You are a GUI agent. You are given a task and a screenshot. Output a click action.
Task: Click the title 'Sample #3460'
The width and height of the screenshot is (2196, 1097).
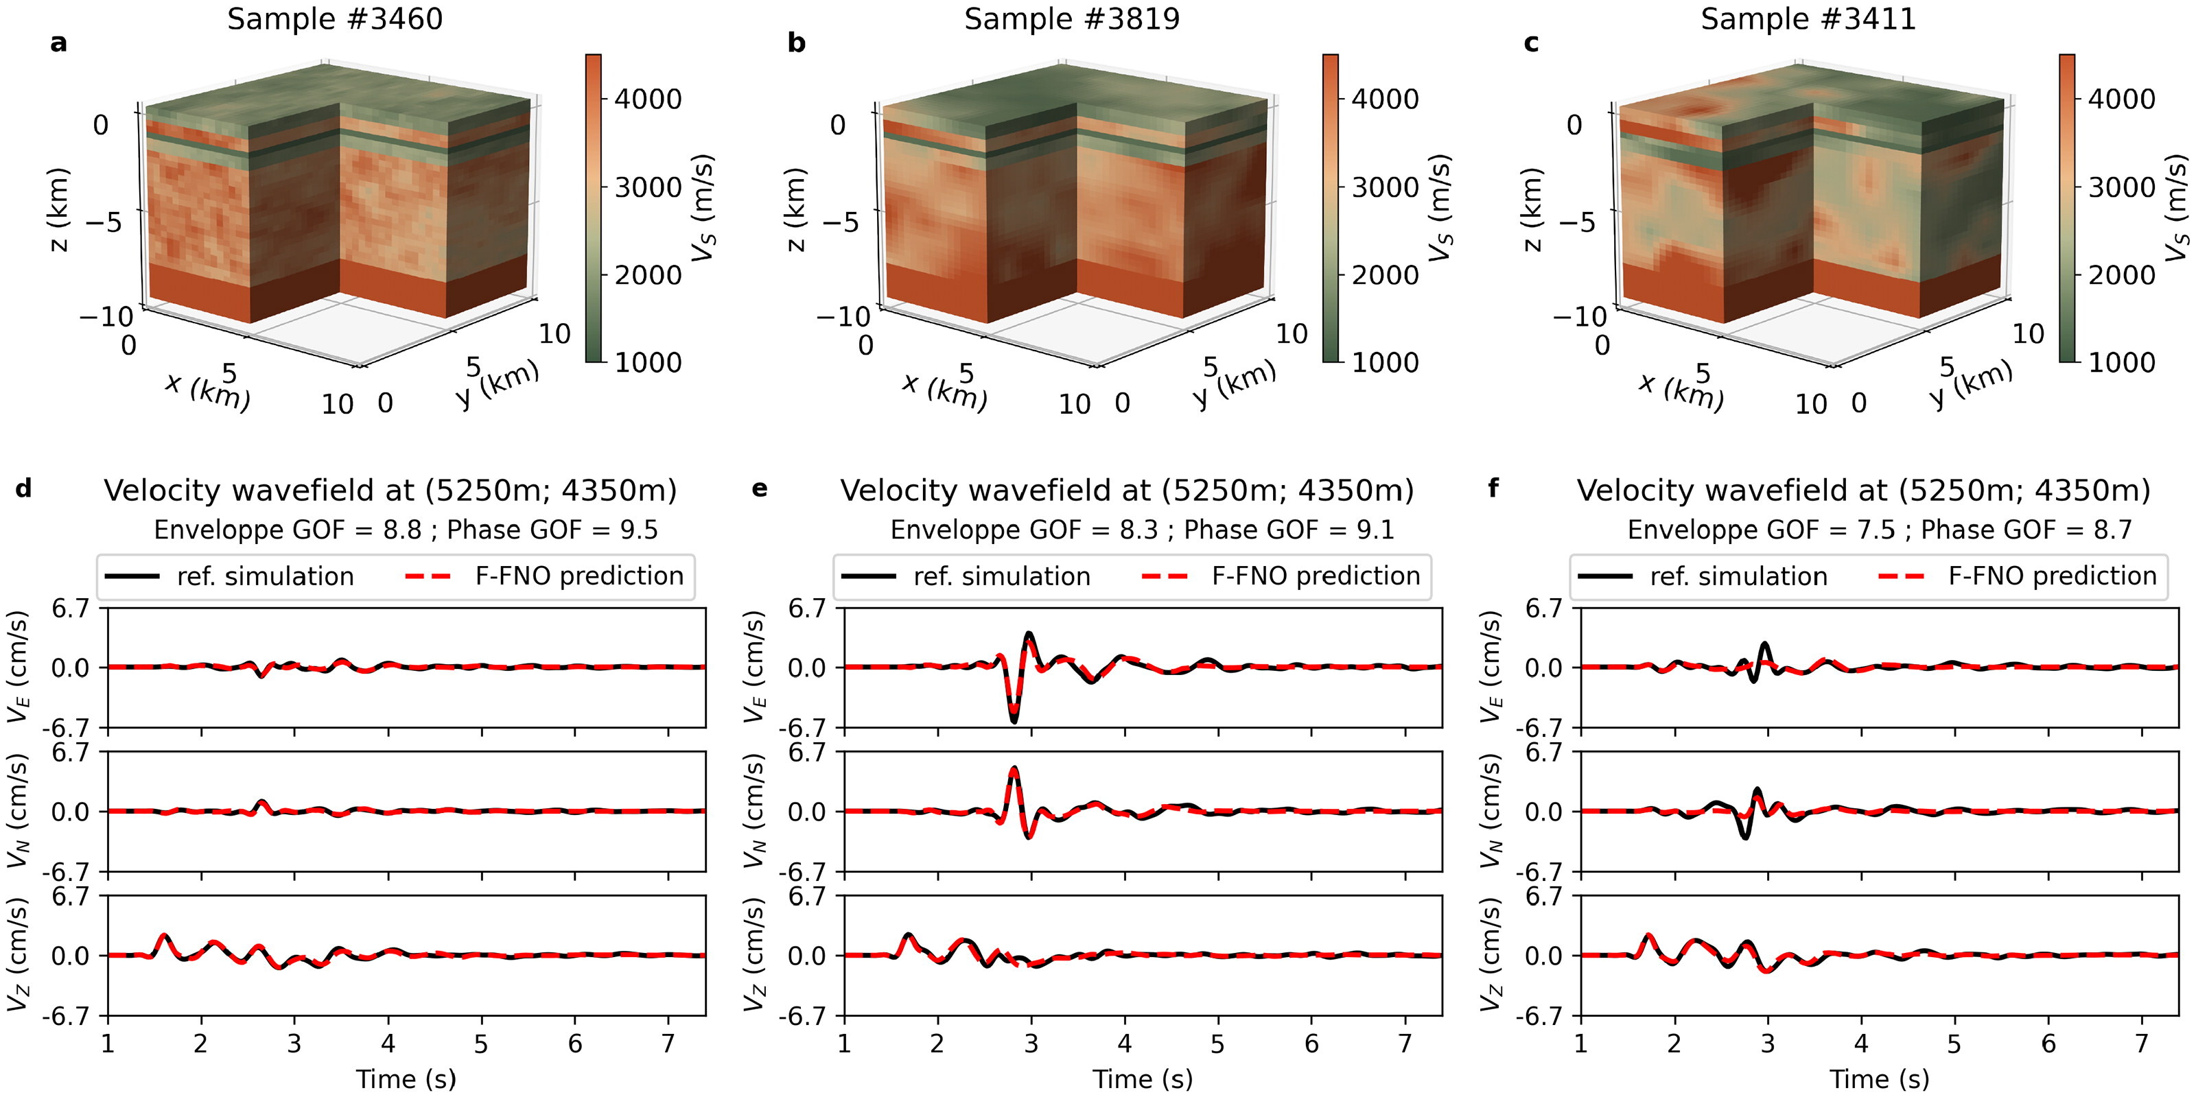pyautogui.click(x=334, y=19)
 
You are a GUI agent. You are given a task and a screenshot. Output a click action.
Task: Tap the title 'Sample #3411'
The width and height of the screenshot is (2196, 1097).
pyautogui.click(x=1808, y=19)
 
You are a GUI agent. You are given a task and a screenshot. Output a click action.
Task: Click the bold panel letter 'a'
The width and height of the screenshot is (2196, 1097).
pyautogui.click(x=58, y=43)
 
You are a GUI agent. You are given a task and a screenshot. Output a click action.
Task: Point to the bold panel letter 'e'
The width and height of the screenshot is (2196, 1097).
pyautogui.click(x=759, y=488)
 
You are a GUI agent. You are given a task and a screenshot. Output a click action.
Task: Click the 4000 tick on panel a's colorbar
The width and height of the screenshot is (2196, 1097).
pyautogui.click(x=648, y=99)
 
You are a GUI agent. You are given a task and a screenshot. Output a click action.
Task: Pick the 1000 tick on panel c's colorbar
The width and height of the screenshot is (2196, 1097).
pyautogui.click(x=2122, y=362)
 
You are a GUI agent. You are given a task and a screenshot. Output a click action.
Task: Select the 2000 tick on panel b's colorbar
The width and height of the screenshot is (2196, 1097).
pyautogui.click(x=1386, y=274)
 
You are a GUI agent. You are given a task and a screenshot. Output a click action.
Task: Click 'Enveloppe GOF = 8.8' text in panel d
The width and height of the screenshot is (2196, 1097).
pyautogui.click(x=288, y=530)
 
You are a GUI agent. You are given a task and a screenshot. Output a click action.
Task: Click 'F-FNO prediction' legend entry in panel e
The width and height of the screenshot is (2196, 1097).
pyautogui.click(x=1316, y=576)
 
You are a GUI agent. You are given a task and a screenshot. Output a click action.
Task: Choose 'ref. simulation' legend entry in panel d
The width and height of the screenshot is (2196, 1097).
pyautogui.click(x=264, y=576)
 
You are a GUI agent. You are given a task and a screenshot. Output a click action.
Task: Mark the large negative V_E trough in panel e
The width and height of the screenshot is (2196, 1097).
pyautogui.click(x=1014, y=721)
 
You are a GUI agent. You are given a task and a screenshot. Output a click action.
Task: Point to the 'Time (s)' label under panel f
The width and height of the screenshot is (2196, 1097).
pyautogui.click(x=1879, y=1079)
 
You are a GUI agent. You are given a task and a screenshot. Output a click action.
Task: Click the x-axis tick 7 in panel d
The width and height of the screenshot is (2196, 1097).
pyautogui.click(x=668, y=1043)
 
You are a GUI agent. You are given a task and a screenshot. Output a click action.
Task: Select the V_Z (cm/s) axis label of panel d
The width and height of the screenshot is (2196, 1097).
pyautogui.click(x=19, y=955)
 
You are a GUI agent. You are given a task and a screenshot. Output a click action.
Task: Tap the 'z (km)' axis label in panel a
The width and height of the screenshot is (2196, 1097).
pyautogui.click(x=58, y=210)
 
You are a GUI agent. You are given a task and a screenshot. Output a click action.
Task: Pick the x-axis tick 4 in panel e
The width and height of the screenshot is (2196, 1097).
pyautogui.click(x=1125, y=1043)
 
